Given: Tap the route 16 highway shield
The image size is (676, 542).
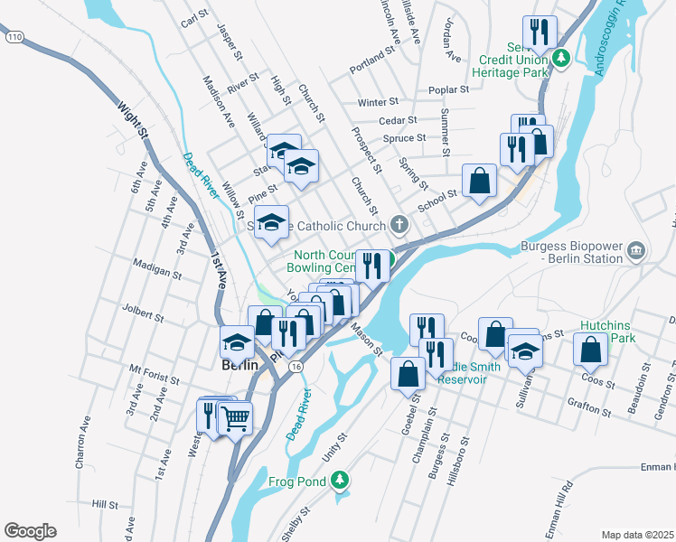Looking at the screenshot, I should point(296,366).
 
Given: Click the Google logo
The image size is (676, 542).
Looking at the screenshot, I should point(30,531).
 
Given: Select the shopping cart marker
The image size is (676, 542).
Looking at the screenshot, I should point(235,417).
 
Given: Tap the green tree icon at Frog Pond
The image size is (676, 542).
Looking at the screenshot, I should point(341,481).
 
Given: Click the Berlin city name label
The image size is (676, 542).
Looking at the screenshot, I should point(240,365).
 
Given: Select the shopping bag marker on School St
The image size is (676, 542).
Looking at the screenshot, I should point(479,180).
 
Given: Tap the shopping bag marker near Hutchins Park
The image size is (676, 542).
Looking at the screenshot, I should point(591,349).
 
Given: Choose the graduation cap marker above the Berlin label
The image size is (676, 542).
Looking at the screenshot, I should point(238,342).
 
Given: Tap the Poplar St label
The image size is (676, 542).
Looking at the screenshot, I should point(450,89).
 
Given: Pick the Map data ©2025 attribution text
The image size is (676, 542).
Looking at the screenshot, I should point(636,535).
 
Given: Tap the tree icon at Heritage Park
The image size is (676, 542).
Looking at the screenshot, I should point(560,59).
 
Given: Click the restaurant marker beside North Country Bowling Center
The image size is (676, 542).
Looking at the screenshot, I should point(371,265).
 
